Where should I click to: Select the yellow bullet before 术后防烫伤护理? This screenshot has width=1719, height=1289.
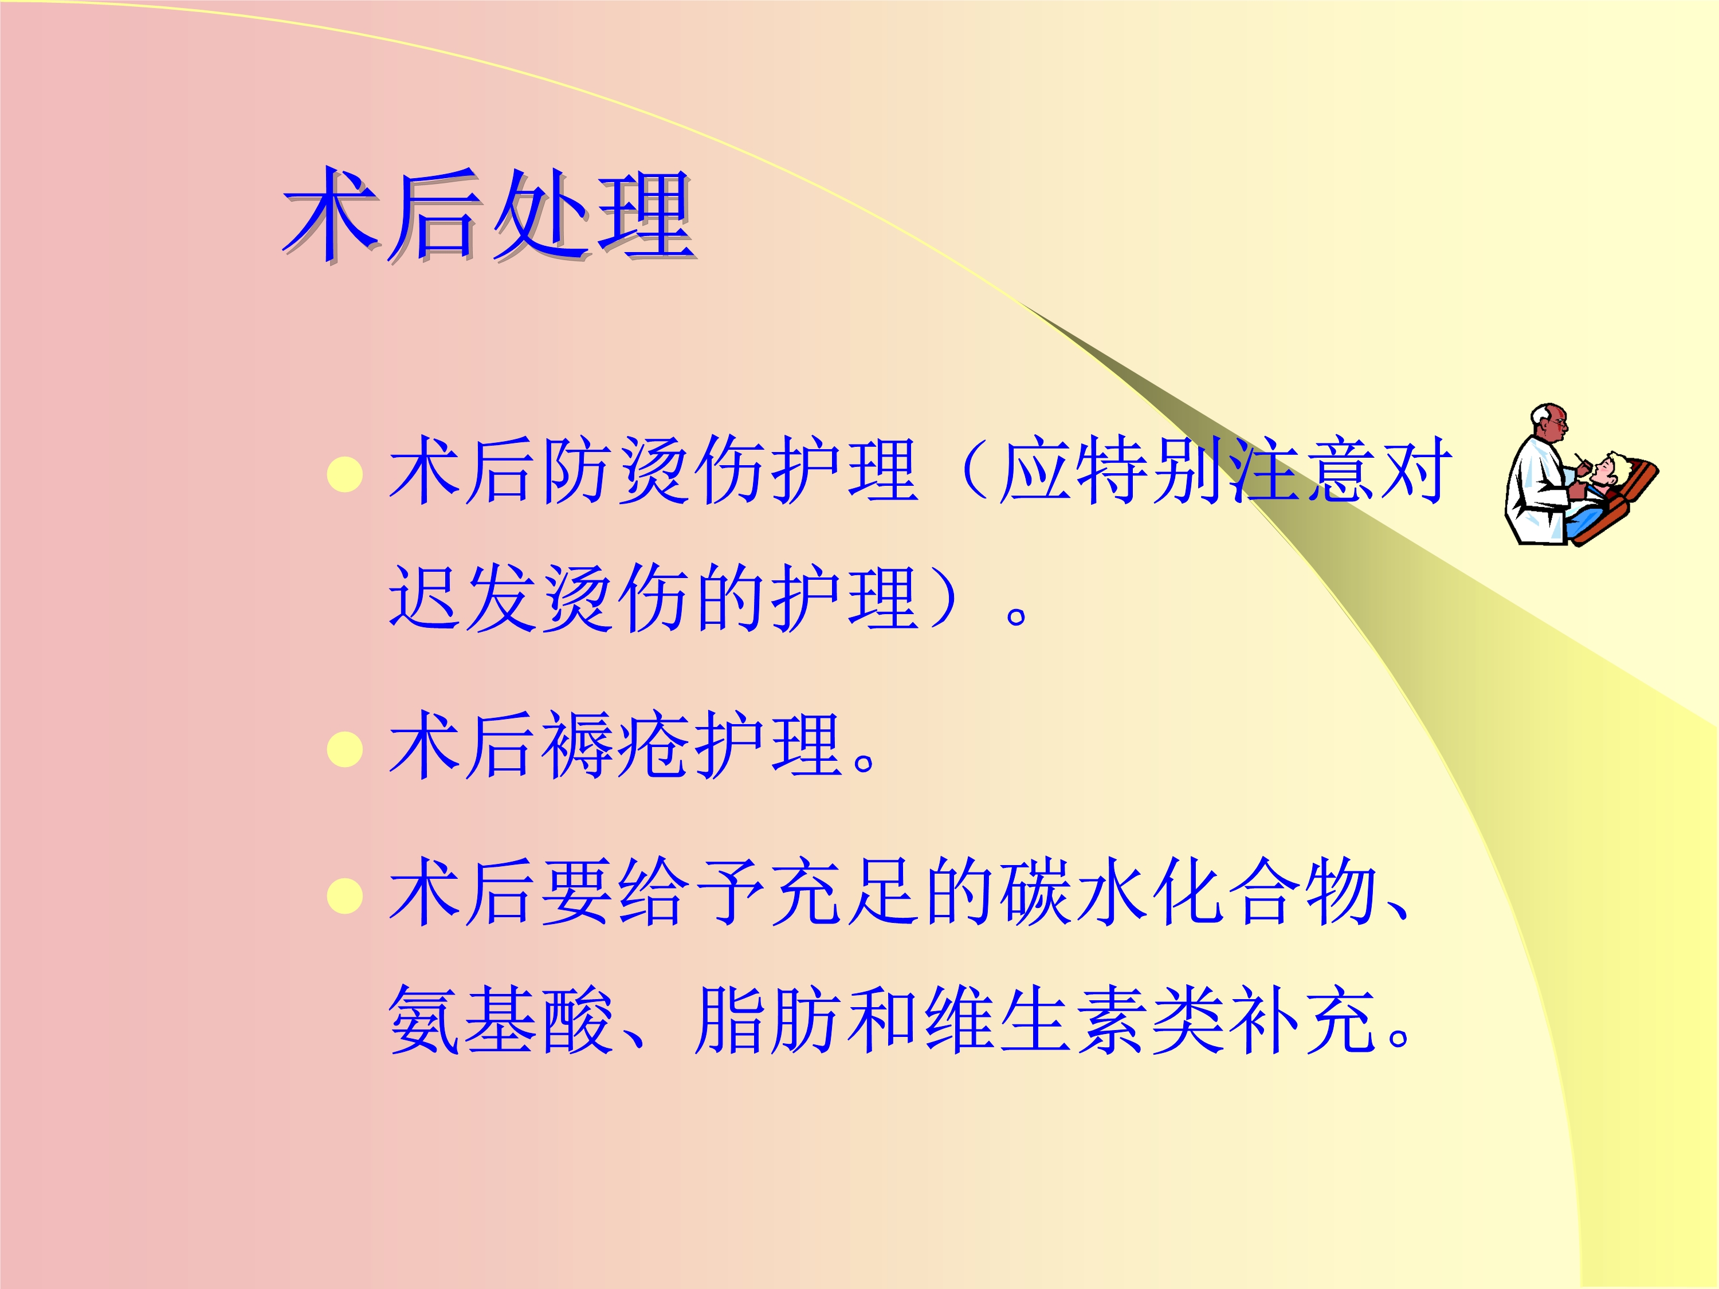click(345, 475)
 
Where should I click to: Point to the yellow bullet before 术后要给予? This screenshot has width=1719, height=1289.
click(345, 896)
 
